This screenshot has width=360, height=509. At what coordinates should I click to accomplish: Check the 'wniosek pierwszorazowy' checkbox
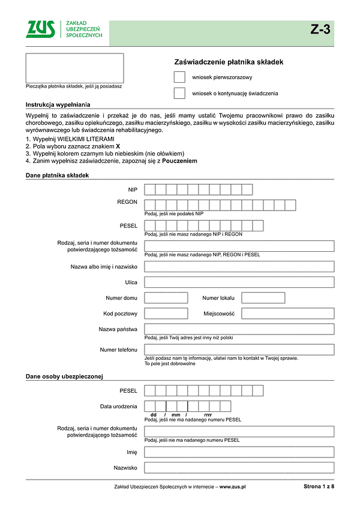coord(179,77)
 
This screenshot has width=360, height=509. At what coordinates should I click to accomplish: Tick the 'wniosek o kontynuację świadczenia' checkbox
coord(179,94)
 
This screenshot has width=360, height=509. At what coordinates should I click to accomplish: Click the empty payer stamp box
coord(74,68)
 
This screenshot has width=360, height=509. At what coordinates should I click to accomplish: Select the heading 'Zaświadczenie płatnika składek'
coord(228,62)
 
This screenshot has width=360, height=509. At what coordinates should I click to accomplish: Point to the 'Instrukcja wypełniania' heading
coord(58,104)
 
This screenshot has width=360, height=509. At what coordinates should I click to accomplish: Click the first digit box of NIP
coord(150,189)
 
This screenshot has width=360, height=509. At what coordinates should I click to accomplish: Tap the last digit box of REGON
coord(290,206)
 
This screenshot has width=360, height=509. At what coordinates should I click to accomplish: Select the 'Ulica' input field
coord(239,282)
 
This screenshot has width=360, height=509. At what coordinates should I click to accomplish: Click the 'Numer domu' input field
coord(166,298)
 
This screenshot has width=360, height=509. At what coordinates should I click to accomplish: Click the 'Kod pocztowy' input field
coord(166,314)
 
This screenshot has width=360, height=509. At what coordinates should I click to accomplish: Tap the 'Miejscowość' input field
coord(287,314)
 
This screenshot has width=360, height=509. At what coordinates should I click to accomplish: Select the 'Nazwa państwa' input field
coord(239,329)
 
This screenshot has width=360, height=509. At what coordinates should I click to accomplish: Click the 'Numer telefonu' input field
coord(239,350)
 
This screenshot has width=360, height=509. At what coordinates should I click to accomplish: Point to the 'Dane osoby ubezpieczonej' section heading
coord(65,377)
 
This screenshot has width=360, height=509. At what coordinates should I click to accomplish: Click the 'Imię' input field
coord(239,452)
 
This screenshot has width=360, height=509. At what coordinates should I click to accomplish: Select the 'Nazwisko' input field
coord(239,468)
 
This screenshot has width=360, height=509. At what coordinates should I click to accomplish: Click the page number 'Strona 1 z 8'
coord(319,487)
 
